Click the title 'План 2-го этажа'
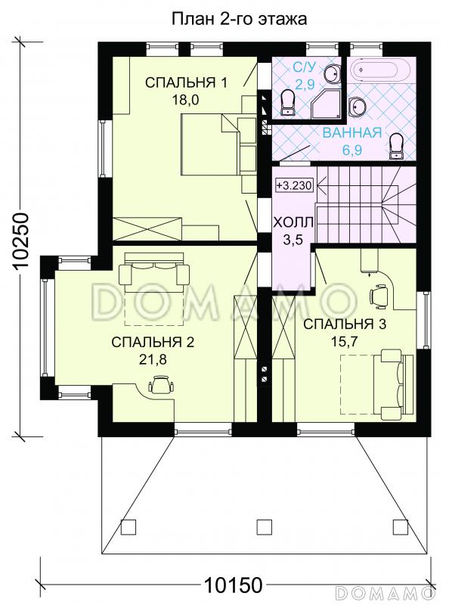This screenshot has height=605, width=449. [x=239, y=18]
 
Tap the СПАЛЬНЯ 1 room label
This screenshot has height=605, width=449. [x=186, y=82]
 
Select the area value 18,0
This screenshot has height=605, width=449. [x=185, y=101]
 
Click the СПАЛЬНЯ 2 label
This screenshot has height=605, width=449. [x=153, y=342]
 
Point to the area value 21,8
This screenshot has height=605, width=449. [x=153, y=360]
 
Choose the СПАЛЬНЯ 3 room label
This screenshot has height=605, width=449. [x=345, y=324]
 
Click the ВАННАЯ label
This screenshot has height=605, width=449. [x=351, y=133]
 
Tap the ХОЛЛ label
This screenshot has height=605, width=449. [x=293, y=222]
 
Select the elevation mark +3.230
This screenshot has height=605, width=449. [x=294, y=185]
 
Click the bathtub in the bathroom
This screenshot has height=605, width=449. [x=375, y=70]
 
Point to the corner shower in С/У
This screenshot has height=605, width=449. [x=327, y=104]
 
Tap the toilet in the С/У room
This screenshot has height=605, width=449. [x=287, y=103]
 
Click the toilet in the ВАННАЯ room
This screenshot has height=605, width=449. [x=396, y=146]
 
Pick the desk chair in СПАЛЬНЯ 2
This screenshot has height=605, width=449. [x=161, y=384]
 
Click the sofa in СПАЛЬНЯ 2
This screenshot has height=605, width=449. [x=154, y=270]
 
